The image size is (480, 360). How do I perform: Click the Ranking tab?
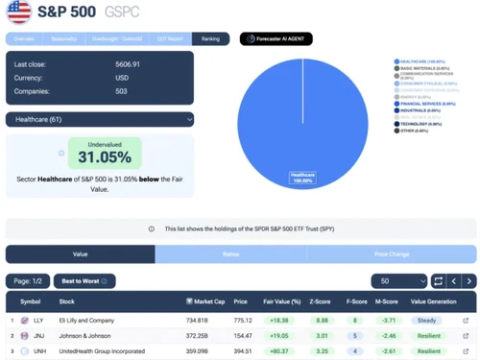pyautogui.click(x=210, y=39)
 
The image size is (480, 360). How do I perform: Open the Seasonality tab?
pyautogui.click(x=64, y=39)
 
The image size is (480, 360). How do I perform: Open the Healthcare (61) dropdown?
pyautogui.click(x=100, y=120)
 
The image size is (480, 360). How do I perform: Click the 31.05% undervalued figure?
pyautogui.click(x=105, y=156)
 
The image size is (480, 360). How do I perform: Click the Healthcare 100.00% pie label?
pyautogui.click(x=303, y=178)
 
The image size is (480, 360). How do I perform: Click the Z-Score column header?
pyautogui.click(x=322, y=301)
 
